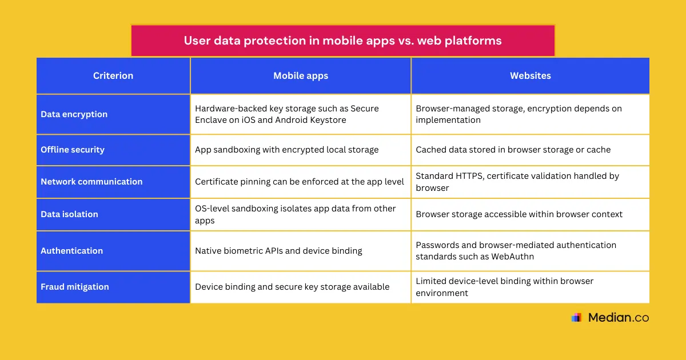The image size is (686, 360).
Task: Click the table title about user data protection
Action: pos(342,41)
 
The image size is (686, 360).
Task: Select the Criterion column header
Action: pos(113,75)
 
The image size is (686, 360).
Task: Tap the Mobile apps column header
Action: pos(301,75)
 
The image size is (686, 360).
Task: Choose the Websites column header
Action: pos(530,75)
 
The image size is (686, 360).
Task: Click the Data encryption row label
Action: pos(74,114)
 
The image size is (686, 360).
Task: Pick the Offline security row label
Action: pos(73,150)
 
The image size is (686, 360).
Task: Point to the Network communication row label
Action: pos(91,182)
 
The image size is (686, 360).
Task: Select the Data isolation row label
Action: pos(69,214)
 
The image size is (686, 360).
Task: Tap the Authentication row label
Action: pos(72,251)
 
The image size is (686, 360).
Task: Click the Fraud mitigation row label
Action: pos(75,287)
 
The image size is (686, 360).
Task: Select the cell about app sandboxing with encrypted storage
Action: pos(287,150)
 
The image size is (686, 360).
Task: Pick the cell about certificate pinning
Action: pos(300,182)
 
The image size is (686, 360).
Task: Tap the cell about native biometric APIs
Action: pos(278,251)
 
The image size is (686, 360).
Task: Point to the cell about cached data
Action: pos(513,150)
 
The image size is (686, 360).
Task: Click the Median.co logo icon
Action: pos(576,318)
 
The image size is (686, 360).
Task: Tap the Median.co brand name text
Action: pos(619,318)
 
